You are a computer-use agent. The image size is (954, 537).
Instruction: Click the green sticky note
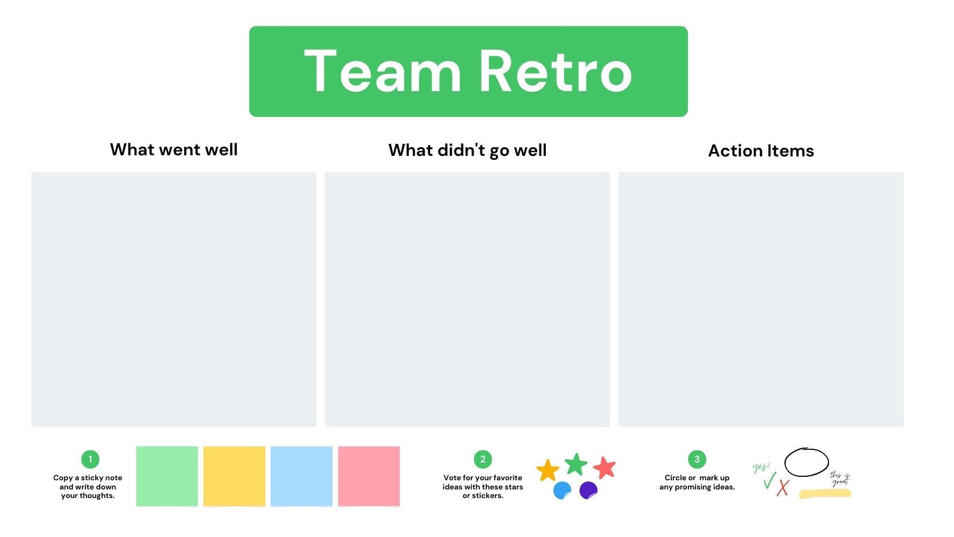pos(167,476)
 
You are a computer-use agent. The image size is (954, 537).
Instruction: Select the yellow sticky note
pos(234,476)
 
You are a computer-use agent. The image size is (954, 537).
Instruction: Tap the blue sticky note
pos(302,476)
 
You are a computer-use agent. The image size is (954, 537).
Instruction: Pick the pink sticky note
pos(369,476)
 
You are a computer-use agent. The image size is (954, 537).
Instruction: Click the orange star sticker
pos(548,471)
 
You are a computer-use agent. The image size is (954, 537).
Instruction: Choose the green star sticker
pos(576,464)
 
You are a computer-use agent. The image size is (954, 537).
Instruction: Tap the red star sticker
pos(604,468)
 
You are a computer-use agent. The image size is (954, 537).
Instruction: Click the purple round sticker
pos(588,490)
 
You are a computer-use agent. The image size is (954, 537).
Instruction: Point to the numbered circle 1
pos(90,459)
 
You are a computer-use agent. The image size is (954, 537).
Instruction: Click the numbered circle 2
pos(483,459)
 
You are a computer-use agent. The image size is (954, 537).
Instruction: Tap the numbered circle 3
pos(697,459)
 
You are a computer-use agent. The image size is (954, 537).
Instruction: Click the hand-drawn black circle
pos(806,462)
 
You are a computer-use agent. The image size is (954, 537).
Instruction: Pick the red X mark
pos(783,488)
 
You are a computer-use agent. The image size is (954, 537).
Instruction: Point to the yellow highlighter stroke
pos(825,493)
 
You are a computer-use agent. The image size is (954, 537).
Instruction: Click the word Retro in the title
pos(554,72)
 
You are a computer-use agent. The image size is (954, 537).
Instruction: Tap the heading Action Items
pos(761,151)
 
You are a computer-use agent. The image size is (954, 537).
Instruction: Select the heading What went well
pos(174,150)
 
